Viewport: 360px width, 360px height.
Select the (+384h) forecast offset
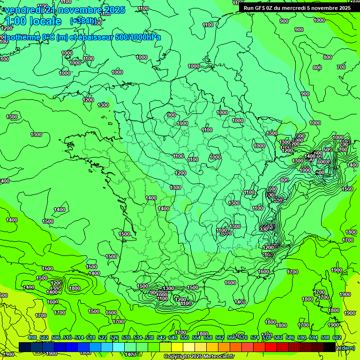coord(83,21)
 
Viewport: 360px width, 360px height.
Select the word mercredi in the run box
coord(297,7)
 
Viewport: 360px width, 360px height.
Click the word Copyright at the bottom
coord(176,356)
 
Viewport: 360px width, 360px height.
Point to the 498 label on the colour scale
coord(32,337)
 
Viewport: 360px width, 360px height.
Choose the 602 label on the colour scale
coord(337,337)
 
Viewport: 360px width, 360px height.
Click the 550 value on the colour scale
coord(185,337)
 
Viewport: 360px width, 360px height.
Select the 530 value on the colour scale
coord(126,337)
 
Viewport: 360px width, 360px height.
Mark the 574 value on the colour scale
coord(255,337)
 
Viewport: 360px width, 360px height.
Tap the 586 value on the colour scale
coord(290,337)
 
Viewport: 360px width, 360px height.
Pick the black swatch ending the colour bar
coord(329,347)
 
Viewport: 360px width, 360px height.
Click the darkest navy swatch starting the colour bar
coord(25,347)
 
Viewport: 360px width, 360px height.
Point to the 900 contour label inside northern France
coord(171,115)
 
